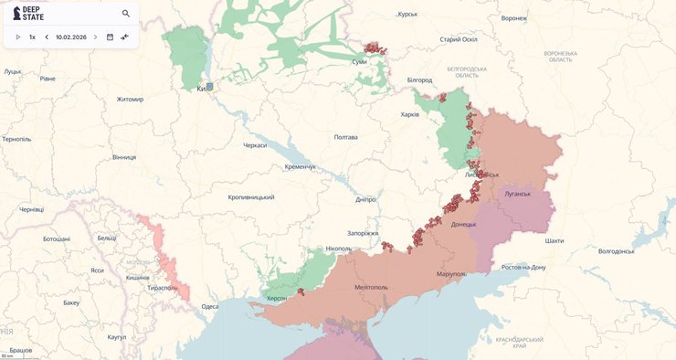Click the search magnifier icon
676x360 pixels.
click(x=126, y=14)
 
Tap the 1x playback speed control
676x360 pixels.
click(x=32, y=37)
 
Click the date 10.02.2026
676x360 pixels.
click(x=70, y=37)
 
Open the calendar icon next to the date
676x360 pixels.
click(x=110, y=37)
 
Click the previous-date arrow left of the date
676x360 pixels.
click(x=47, y=37)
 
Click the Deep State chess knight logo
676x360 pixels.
click(x=16, y=14)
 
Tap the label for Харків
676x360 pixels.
click(x=410, y=114)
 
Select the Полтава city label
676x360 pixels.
click(x=346, y=137)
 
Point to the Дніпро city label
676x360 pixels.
click(x=365, y=199)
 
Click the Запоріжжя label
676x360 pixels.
click(x=363, y=233)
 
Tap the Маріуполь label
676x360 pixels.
click(x=451, y=274)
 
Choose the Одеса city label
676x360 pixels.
click(x=210, y=306)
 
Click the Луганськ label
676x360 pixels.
click(x=517, y=195)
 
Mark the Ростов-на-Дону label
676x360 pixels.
click(x=523, y=267)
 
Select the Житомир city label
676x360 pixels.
click(x=130, y=99)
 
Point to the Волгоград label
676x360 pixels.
click(x=616, y=251)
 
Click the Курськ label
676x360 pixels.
click(x=407, y=15)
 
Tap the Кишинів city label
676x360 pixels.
click(x=137, y=277)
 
